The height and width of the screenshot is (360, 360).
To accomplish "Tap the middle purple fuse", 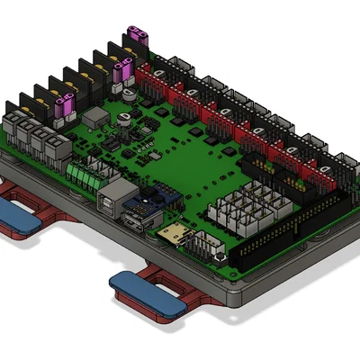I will point(125,70).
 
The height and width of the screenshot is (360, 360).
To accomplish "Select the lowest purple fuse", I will point(64,109).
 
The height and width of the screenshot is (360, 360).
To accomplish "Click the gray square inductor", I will point(94,117).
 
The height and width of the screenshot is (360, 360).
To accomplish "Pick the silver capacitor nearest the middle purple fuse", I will point(130,92).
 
